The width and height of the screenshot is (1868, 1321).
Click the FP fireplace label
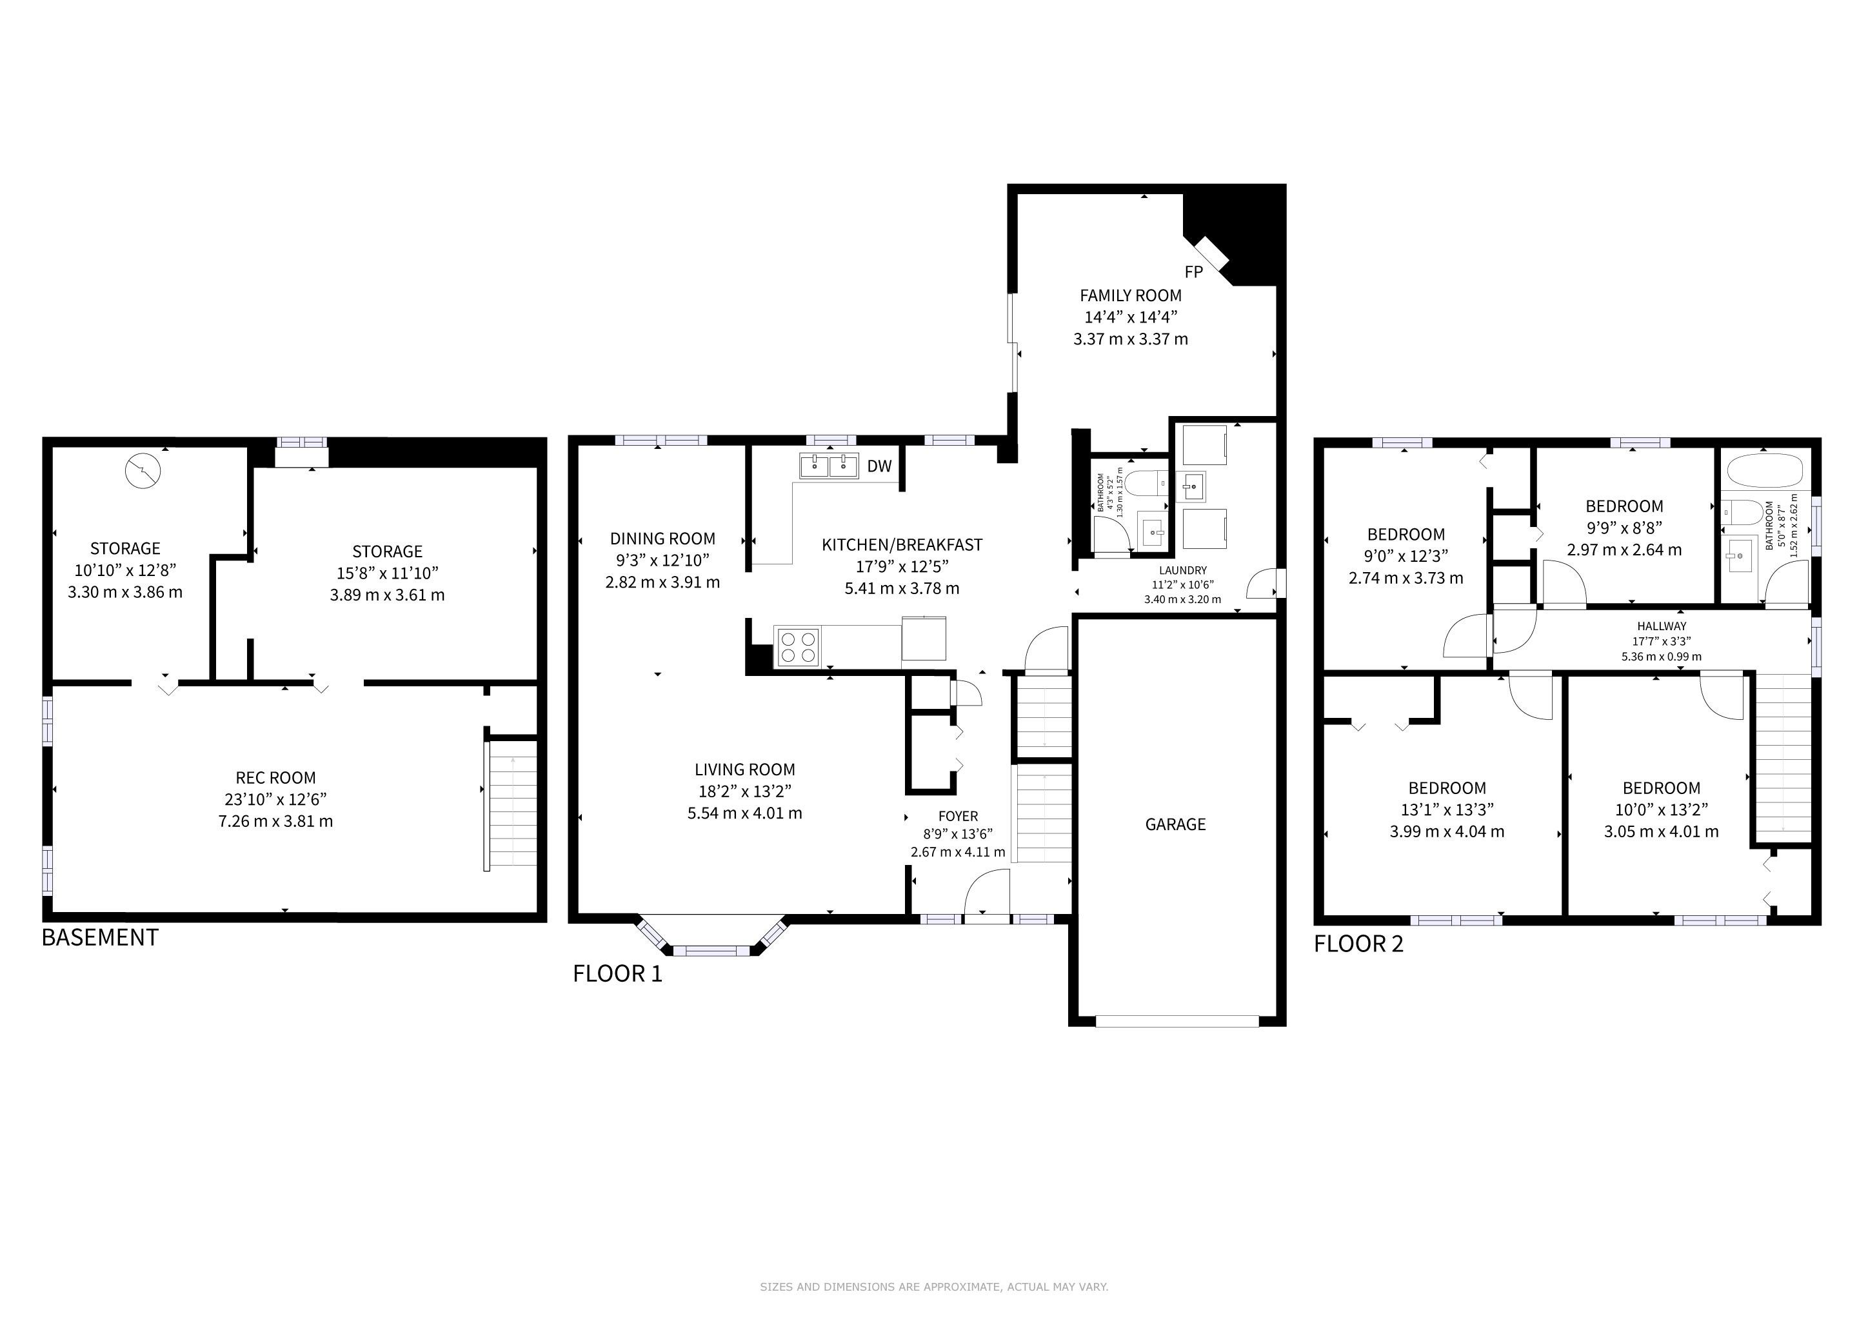(1193, 272)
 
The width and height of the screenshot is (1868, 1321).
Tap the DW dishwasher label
(879, 466)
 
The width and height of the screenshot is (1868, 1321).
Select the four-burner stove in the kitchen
(797, 647)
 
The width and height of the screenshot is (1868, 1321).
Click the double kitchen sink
(828, 466)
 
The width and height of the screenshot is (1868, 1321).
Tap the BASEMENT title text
(100, 938)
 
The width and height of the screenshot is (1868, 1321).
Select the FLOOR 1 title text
(617, 974)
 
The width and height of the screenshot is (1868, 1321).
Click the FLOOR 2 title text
(1358, 944)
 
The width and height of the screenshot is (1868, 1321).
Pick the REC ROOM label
(276, 778)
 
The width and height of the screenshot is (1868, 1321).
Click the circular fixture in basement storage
(143, 471)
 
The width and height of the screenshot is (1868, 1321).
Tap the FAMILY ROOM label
(1131, 295)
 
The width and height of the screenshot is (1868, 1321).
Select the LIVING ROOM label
(745, 770)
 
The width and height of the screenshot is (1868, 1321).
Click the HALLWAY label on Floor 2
(1662, 626)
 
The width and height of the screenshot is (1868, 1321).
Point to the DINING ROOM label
(663, 539)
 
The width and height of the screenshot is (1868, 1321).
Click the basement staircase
(511, 805)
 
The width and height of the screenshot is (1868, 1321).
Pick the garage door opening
(1177, 1021)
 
